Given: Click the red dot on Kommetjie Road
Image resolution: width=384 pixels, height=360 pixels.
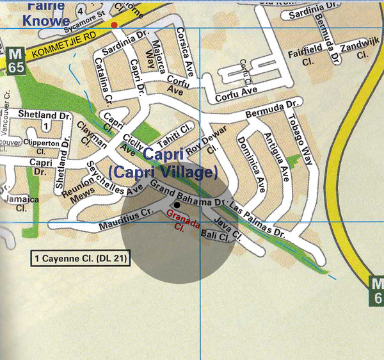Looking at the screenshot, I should (x=114, y=24).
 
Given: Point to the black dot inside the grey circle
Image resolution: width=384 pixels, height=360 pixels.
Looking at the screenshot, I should (x=177, y=204).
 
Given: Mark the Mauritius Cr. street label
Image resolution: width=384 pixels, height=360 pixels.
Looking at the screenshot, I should (x=125, y=219).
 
